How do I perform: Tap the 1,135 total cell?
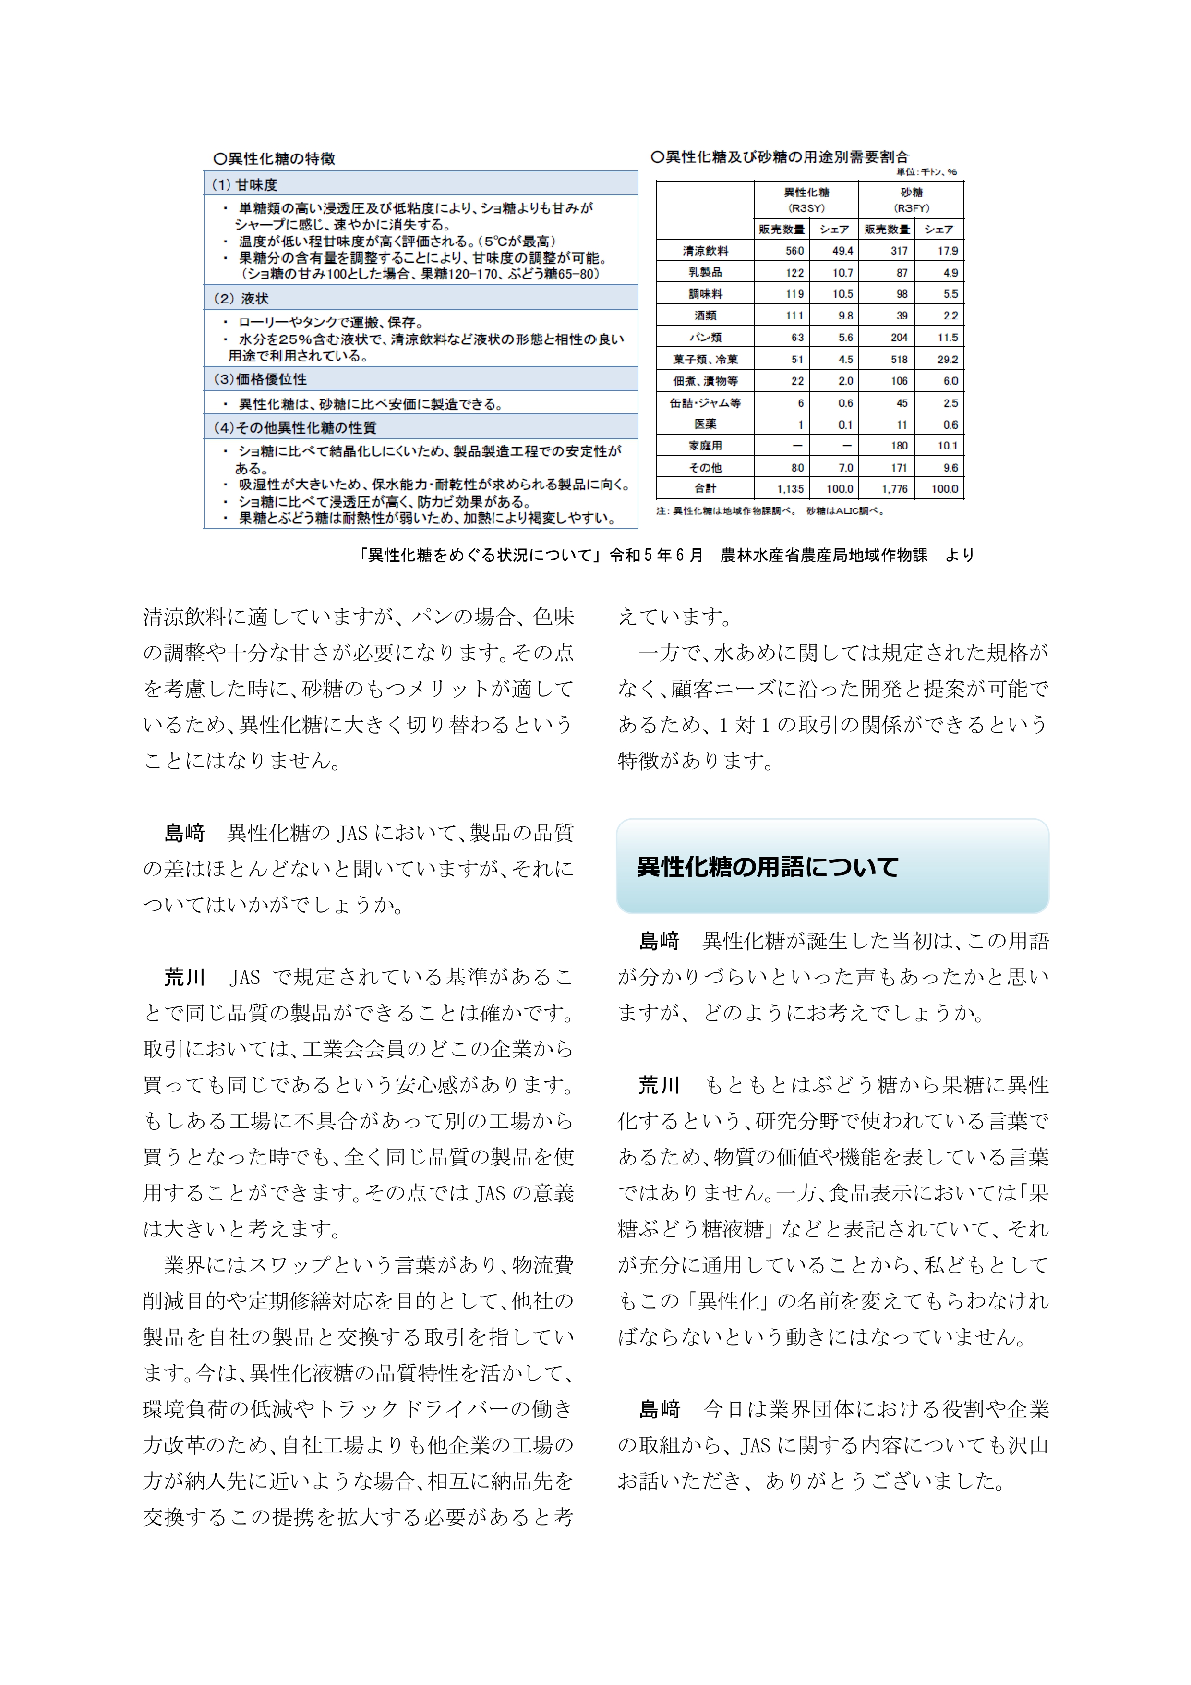pyautogui.click(x=790, y=489)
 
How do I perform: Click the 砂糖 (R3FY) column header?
pyautogui.click(x=912, y=200)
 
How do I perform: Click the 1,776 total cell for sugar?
pyautogui.click(x=894, y=489)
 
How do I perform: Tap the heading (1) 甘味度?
pyautogui.click(x=245, y=184)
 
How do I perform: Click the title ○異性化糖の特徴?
pyautogui.click(x=274, y=158)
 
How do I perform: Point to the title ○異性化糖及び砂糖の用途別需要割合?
pyautogui.click(x=780, y=157)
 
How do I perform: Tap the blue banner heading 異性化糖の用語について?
pyautogui.click(x=768, y=867)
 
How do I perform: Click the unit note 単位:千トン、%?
pyautogui.click(x=926, y=172)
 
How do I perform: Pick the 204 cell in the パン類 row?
pyautogui.click(x=899, y=338)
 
